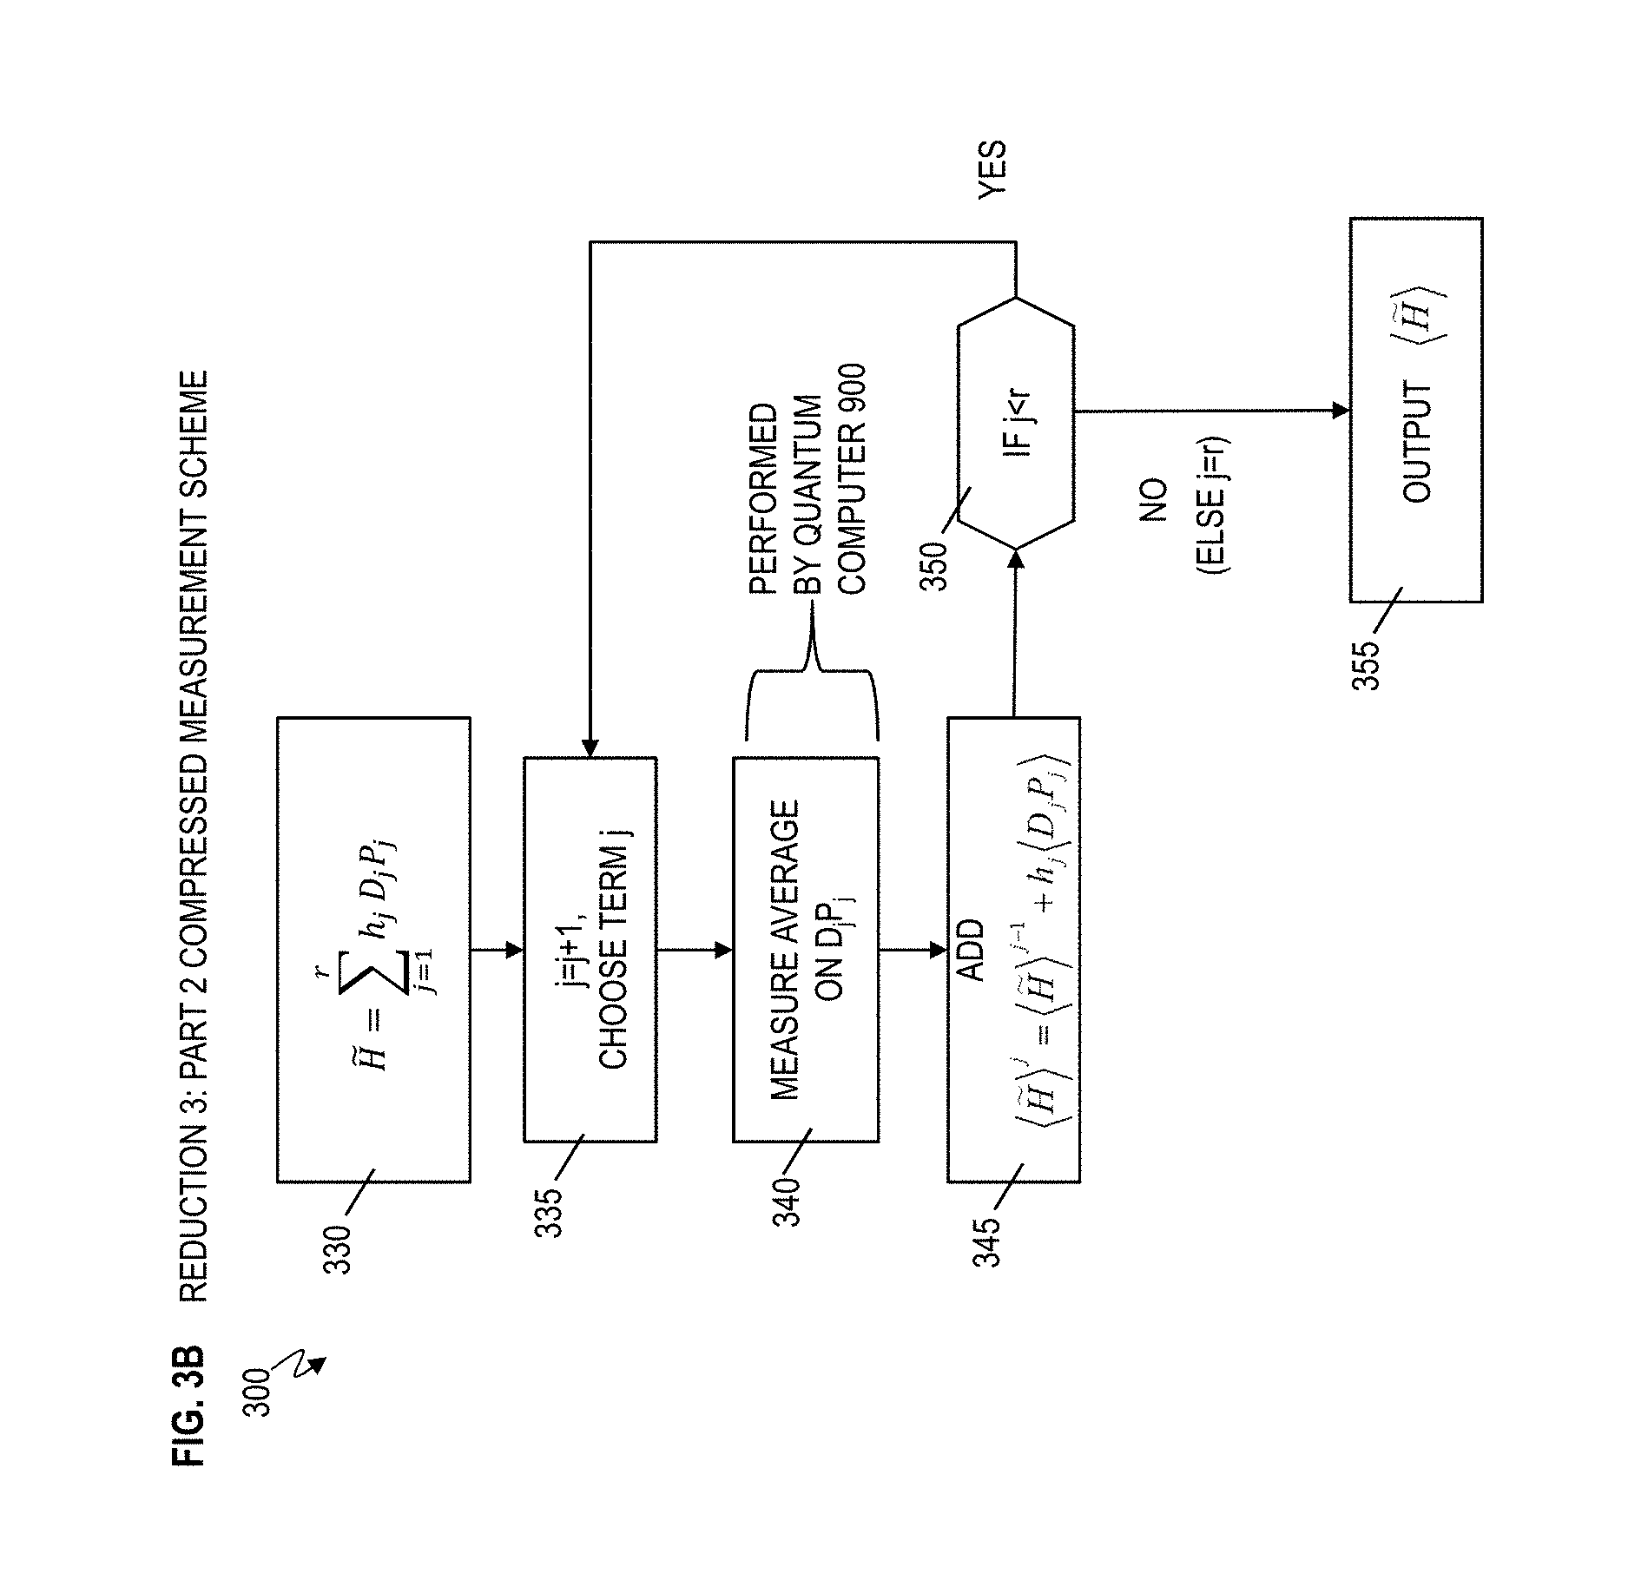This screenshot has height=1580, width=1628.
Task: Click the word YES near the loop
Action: click(992, 171)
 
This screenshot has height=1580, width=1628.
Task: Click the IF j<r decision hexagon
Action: click(1016, 423)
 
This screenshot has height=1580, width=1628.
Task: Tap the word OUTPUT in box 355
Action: click(1417, 442)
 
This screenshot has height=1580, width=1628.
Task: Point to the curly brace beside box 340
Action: click(812, 669)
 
